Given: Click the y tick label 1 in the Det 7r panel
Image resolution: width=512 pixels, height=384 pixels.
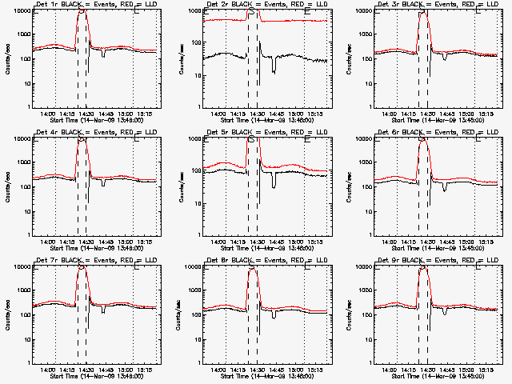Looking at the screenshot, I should (x=29, y=362).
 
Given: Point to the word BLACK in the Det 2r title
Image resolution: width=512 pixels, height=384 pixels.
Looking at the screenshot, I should (x=242, y=5).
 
